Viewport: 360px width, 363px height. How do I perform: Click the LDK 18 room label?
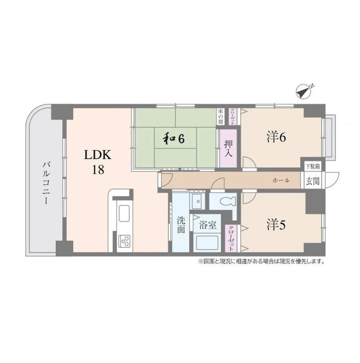97,162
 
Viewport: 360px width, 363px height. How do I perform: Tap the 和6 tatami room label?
174,138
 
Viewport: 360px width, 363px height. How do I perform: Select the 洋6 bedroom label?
276,137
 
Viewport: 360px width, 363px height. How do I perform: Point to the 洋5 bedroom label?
276,225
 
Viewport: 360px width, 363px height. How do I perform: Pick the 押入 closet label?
229,148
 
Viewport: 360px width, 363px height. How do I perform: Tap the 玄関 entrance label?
312,181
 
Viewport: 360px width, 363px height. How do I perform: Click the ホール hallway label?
281,180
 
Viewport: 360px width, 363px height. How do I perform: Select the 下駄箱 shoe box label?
313,166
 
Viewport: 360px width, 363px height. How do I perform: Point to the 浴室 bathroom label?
208,225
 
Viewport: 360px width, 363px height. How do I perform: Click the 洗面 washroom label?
181,224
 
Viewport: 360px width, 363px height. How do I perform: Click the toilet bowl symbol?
228,201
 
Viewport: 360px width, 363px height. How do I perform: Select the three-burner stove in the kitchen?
125,240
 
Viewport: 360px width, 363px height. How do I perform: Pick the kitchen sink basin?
124,213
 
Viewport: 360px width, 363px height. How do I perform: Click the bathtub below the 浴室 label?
207,243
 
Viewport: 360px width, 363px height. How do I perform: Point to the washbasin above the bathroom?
198,201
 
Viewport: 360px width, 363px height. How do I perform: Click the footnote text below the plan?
262,262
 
